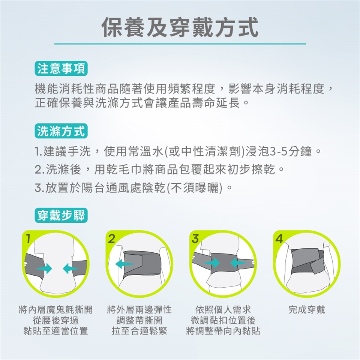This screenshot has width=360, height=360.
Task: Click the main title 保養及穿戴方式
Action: pyautogui.click(x=180, y=27)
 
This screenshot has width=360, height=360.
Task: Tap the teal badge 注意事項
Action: pyautogui.click(x=61, y=68)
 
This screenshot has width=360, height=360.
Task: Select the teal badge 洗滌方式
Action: pyautogui.click(x=61, y=131)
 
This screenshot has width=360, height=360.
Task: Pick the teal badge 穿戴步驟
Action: pyautogui.click(x=61, y=215)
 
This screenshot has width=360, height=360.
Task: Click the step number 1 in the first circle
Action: pyautogui.click(x=28, y=239)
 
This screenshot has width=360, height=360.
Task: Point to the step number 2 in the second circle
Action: pyautogui.click(x=111, y=239)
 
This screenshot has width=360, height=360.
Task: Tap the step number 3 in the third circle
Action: pyautogui.click(x=195, y=239)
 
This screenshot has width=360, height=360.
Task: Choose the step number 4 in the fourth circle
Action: pyautogui.click(x=279, y=239)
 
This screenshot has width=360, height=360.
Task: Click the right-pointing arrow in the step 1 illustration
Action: pyautogui.click(x=44, y=268)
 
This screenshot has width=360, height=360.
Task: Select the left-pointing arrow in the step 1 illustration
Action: pyautogui.click(x=71, y=268)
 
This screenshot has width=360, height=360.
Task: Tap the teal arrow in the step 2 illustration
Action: pyautogui.click(x=124, y=264)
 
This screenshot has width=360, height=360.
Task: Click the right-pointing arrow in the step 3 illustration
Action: pyautogui.click(x=211, y=262)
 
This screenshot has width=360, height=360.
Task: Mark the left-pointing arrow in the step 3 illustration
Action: pyautogui.click(x=239, y=262)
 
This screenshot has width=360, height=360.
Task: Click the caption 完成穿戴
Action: pyautogui.click(x=307, y=309)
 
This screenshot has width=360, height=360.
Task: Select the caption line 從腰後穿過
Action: pyautogui.click(x=56, y=320)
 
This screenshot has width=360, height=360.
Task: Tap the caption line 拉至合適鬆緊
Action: pyautogui.click(x=139, y=331)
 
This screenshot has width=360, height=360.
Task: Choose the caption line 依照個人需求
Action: pyautogui.click(x=223, y=309)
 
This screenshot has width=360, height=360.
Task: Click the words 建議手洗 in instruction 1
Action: pyautogui.click(x=67, y=151)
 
